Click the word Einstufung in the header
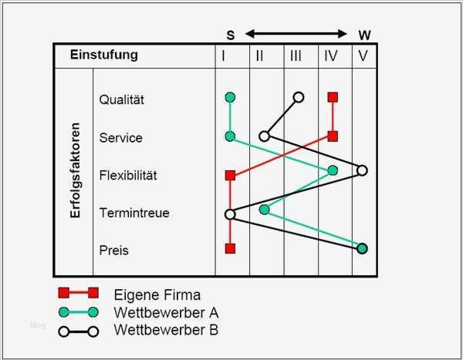[x=104, y=55]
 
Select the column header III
[x=296, y=56]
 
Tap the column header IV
[x=331, y=56]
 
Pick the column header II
[x=259, y=56]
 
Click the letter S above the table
[x=230, y=35]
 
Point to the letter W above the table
[x=364, y=35]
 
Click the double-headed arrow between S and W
[x=297, y=34]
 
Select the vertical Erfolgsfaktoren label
[x=75, y=170]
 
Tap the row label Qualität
[x=122, y=99]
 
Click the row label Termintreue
[x=134, y=213]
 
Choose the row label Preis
[x=113, y=251]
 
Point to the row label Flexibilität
[x=128, y=175]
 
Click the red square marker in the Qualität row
[x=333, y=97]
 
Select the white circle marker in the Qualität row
[x=299, y=97]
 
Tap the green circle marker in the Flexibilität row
[x=333, y=170]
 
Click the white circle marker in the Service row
[x=264, y=136]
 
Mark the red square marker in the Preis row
[x=230, y=248]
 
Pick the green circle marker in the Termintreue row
[x=265, y=209]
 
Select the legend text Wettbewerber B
[x=166, y=331]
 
